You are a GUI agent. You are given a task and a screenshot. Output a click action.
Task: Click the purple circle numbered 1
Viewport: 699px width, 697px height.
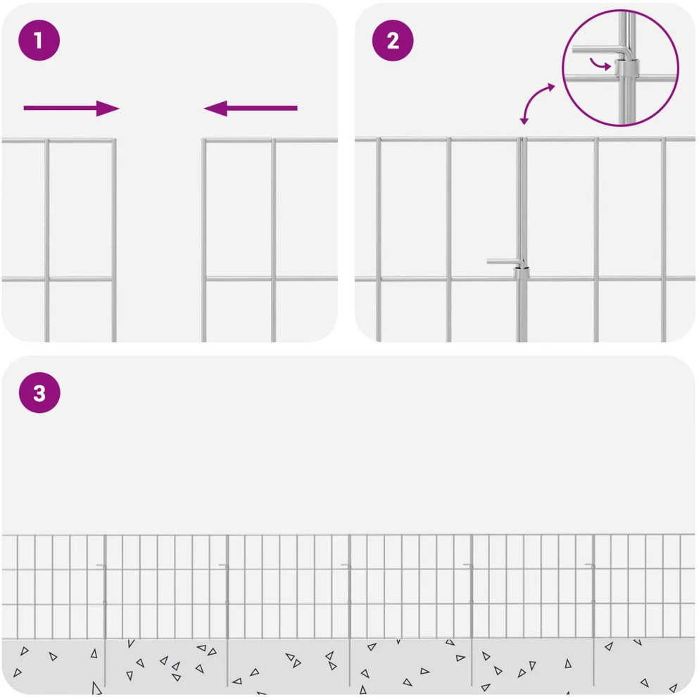[x=39, y=40]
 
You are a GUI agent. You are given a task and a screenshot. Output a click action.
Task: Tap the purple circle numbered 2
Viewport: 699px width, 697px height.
[x=392, y=40]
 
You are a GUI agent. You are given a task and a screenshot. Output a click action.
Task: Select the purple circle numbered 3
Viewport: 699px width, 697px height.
[x=39, y=393]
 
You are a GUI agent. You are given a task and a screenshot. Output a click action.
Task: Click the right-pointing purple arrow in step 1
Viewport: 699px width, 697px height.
[x=71, y=108]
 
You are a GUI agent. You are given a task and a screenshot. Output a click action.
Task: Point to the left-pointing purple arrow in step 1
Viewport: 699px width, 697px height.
[x=251, y=108]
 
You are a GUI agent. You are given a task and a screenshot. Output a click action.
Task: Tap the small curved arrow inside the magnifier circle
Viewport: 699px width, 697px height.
[x=600, y=64]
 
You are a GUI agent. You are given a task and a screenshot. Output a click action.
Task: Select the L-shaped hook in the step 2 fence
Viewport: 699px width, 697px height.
[x=506, y=263]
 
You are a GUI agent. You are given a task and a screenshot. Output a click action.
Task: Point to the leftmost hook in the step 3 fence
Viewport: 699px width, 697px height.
[x=101, y=566]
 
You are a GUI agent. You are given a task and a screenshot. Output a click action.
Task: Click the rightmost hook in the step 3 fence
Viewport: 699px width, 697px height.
[x=590, y=565]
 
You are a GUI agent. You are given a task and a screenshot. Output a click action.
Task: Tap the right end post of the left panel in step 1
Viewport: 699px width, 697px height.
[x=114, y=240]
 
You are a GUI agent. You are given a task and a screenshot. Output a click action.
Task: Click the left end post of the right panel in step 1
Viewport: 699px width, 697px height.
[x=203, y=240]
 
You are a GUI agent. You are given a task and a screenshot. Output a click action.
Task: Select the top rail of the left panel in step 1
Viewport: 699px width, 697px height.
[x=58, y=141]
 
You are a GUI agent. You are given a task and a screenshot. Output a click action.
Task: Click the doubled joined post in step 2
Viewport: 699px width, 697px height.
[x=522, y=240]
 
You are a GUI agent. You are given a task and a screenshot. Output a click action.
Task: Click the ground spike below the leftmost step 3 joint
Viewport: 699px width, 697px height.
[x=105, y=663]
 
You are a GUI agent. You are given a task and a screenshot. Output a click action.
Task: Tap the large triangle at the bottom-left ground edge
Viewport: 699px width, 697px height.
[x=96, y=688]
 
